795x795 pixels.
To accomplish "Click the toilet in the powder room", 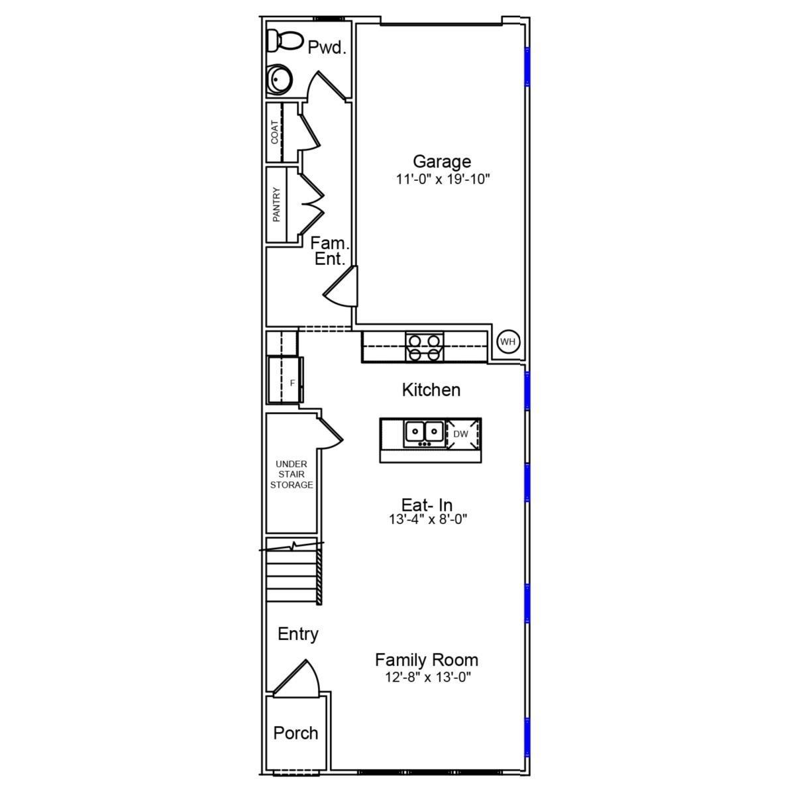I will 281,41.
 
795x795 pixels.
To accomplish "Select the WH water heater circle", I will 508,342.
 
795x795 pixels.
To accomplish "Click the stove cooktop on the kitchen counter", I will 424,347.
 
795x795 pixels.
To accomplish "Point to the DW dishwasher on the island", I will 461,434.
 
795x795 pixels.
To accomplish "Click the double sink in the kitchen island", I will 424,433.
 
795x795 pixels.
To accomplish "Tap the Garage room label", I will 442,161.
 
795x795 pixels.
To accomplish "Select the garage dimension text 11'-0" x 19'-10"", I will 442,179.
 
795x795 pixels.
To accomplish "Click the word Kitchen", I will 431,390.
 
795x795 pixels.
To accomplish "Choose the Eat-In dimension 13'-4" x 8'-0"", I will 428,520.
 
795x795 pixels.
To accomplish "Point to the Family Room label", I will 427,660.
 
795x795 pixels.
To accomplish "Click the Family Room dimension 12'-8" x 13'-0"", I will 427,678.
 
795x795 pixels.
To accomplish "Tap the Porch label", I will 295,733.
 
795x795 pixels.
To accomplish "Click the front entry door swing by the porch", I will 299,678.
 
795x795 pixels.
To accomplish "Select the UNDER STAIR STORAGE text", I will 291,474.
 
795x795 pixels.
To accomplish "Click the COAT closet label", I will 275,132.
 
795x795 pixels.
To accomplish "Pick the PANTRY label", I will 276,204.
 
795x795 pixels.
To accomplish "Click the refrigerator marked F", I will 286,380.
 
